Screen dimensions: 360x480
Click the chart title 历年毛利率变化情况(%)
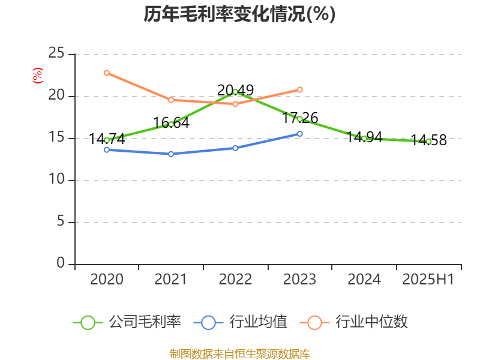[x=239, y=14]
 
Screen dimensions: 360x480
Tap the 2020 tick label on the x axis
[x=107, y=280]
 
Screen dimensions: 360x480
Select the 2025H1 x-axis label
[x=428, y=280]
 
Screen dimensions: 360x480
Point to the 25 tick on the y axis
[x=56, y=54]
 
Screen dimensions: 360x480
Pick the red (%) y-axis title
[x=37, y=76]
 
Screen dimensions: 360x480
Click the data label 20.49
[x=235, y=90]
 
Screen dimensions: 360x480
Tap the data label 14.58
[x=428, y=140]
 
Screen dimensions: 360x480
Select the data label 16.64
[x=171, y=123]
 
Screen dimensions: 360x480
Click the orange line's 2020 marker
[x=107, y=73]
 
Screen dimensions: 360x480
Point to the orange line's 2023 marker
[x=300, y=89]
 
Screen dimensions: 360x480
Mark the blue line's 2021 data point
[x=171, y=154]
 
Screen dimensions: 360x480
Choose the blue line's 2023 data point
[x=300, y=134]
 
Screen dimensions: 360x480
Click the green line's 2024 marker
[x=364, y=139]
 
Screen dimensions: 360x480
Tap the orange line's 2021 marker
[x=171, y=100]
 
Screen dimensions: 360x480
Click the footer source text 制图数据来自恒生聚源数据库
[x=239, y=353]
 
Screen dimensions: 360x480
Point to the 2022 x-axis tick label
[x=235, y=280]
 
